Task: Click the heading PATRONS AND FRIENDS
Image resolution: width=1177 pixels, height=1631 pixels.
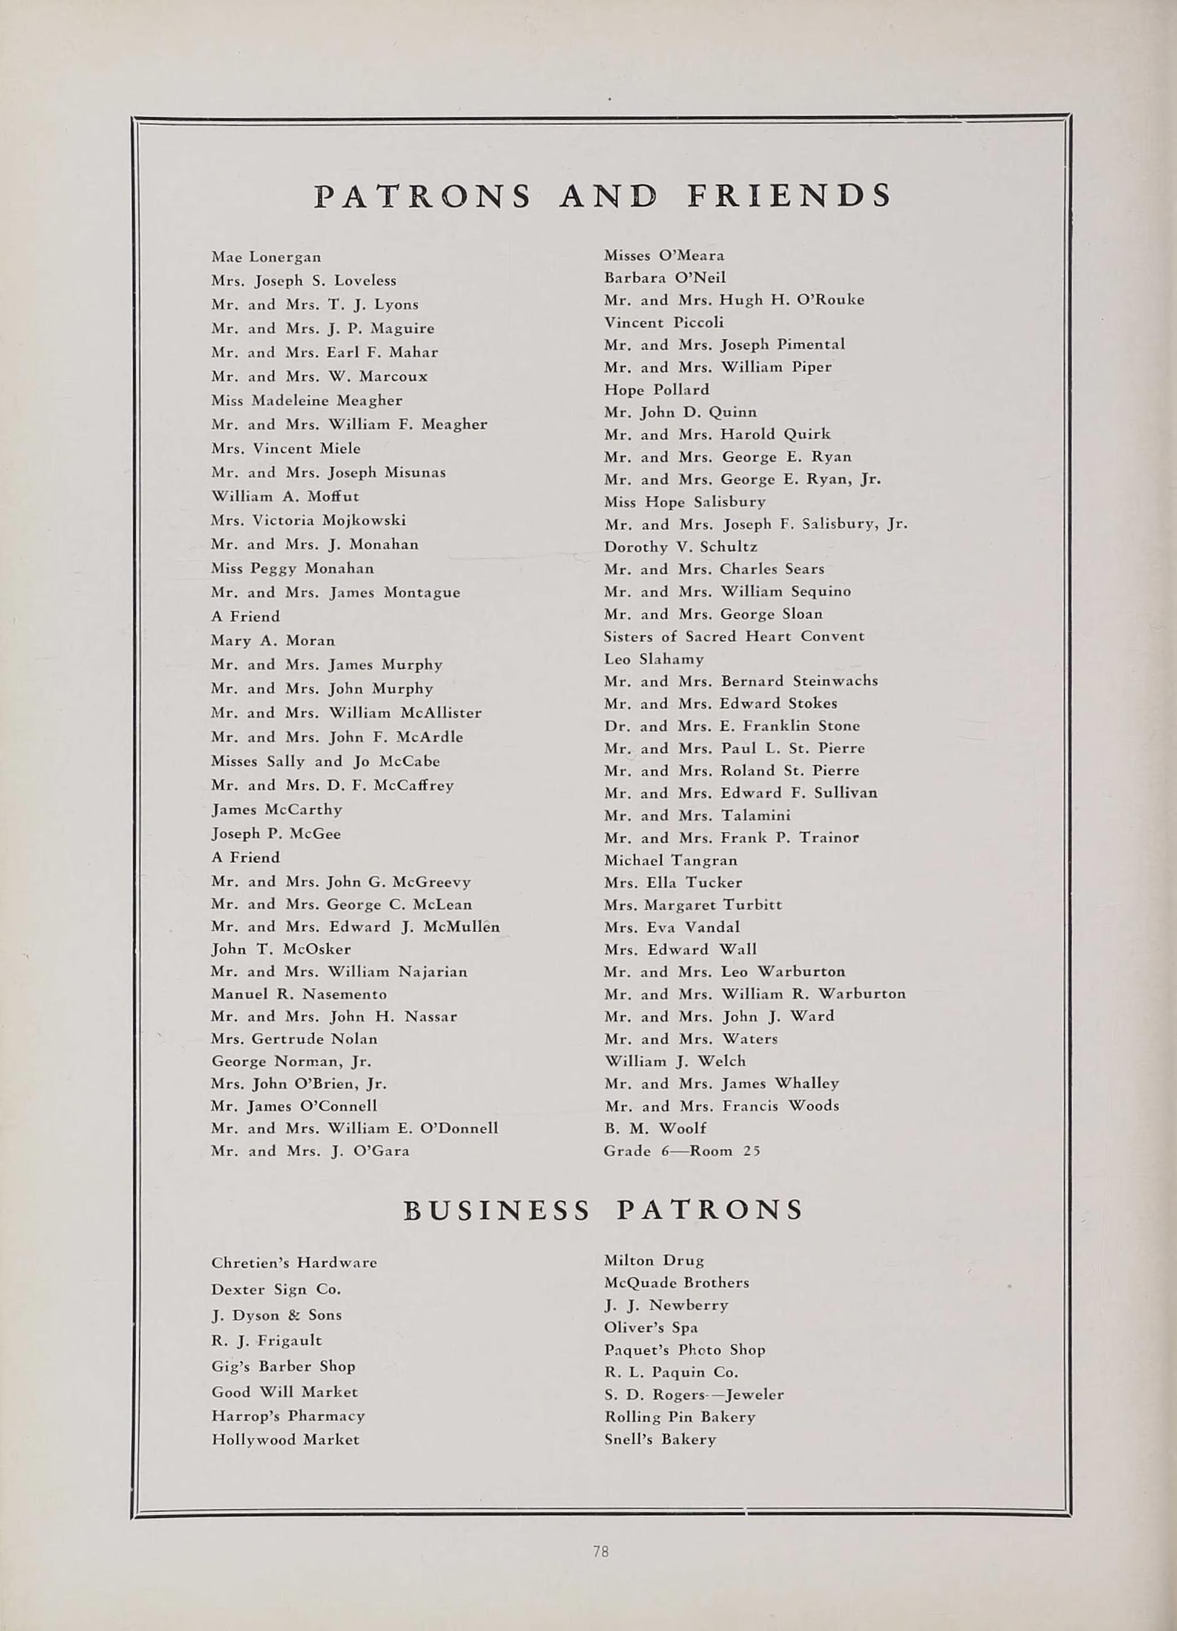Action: click(603, 196)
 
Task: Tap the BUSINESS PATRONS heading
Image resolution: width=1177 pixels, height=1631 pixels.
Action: click(603, 1210)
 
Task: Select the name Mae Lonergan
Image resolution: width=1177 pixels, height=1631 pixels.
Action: click(266, 257)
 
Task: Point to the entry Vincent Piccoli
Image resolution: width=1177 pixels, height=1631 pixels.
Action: click(664, 322)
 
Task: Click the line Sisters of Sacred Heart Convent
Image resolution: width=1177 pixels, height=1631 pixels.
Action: click(733, 637)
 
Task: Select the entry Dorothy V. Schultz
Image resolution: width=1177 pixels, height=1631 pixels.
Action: click(680, 547)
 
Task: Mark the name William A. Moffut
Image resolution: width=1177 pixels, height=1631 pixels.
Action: click(285, 496)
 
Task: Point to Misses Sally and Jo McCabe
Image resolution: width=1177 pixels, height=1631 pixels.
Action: click(325, 761)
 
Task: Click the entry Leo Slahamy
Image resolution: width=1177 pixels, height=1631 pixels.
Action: click(654, 659)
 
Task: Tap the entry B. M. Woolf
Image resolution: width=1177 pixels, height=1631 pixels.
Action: click(655, 1128)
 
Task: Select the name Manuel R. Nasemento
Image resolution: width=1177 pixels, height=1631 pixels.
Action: click(298, 994)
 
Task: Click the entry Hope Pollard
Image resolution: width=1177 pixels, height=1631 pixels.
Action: click(656, 390)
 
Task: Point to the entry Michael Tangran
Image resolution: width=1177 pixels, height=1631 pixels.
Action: click(670, 860)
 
